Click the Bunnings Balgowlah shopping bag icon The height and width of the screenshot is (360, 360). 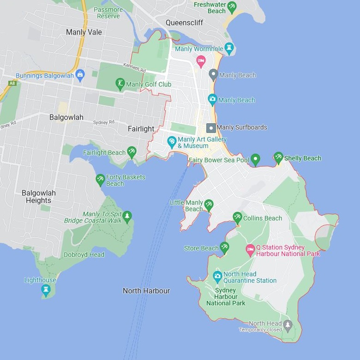pos(80,75)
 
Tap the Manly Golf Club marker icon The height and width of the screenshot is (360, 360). pos(120,84)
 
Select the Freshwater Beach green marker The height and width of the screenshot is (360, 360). pos(232,7)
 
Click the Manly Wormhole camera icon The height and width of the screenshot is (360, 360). pos(229,48)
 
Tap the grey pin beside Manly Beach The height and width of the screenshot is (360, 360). pos(213,74)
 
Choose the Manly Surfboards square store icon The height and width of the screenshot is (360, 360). pos(211,127)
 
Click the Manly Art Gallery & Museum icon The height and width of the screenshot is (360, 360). pos(172,142)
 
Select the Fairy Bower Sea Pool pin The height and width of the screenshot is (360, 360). pos(255,159)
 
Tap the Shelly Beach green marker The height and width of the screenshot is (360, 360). pos(278,157)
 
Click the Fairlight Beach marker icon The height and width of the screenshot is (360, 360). pos(132,152)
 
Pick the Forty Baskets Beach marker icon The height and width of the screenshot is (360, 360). pos(100,179)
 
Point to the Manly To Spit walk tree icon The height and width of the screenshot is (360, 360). pos(127,216)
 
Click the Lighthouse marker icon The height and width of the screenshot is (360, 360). pos(45,289)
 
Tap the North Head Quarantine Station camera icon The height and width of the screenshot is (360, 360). pos(217,276)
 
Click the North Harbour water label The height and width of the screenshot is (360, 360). pos(146,291)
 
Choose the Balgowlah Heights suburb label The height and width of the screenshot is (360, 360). pos(39,197)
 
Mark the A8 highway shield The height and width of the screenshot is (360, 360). pos(12,83)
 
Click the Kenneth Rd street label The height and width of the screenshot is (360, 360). pos(134,68)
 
